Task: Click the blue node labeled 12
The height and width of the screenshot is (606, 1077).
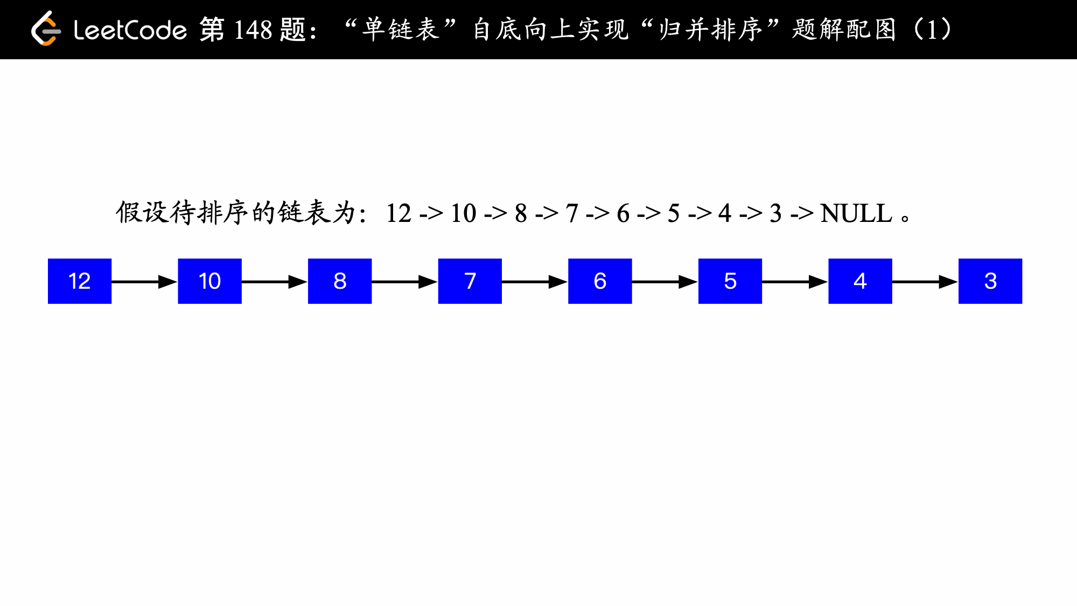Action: point(80,281)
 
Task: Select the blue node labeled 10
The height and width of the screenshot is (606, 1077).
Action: point(209,281)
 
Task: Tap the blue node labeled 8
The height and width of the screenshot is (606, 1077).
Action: point(340,281)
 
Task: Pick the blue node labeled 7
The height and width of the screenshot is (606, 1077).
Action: point(470,281)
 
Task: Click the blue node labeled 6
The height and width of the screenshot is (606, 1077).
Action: point(600,281)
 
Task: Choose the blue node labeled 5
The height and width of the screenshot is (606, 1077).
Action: point(730,281)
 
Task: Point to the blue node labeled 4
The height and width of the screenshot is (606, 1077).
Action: point(860,281)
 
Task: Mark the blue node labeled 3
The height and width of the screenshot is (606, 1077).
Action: point(990,281)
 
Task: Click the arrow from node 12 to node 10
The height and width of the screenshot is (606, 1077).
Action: point(144,282)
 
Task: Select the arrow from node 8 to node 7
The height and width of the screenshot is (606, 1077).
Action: point(404,282)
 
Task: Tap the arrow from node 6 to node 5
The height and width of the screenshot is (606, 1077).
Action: point(665,282)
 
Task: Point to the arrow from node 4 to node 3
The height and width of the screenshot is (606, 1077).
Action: point(925,282)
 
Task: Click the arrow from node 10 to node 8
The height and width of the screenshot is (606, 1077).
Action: point(275,282)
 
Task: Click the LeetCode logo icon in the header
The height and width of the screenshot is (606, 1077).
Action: point(46,29)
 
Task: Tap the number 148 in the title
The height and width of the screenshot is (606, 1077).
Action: point(253,30)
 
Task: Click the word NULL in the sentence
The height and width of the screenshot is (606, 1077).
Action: point(856,213)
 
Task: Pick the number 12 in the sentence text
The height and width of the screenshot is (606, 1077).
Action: point(398,213)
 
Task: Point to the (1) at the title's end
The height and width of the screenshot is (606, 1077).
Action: point(932,30)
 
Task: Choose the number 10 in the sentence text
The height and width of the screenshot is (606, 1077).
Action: point(464,213)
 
